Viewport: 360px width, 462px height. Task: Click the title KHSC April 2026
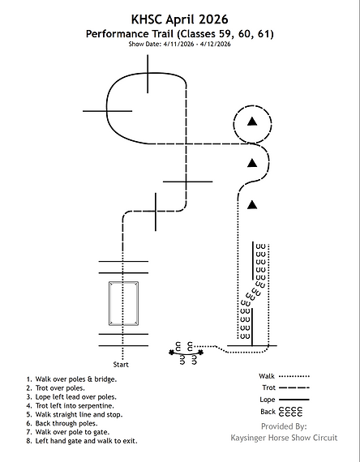coord(179,19)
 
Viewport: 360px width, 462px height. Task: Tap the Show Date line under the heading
coord(179,44)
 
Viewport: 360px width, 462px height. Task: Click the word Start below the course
coord(121,365)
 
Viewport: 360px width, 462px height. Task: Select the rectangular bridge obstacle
coord(123,303)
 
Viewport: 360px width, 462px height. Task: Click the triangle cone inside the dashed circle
coord(252,122)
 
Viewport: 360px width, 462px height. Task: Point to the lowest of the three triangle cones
coord(252,204)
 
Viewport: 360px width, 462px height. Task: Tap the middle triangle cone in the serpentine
coord(252,163)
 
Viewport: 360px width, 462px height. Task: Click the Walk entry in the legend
coord(285,376)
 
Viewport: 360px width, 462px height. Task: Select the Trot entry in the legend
coord(285,387)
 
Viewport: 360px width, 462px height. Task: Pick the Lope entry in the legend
coord(285,400)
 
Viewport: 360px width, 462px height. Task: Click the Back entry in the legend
coord(281,411)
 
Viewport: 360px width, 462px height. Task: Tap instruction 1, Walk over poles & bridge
coord(71,379)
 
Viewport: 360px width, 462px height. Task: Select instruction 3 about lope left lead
coord(71,397)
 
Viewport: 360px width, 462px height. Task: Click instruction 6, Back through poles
coord(62,423)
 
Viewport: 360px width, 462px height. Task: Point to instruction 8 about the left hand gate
coord(82,441)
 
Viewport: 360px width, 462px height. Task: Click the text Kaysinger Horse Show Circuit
coord(284,438)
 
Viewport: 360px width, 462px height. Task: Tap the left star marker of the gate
coord(171,352)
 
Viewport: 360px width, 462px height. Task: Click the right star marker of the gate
coord(200,352)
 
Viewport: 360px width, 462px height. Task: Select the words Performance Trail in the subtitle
coord(130,34)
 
